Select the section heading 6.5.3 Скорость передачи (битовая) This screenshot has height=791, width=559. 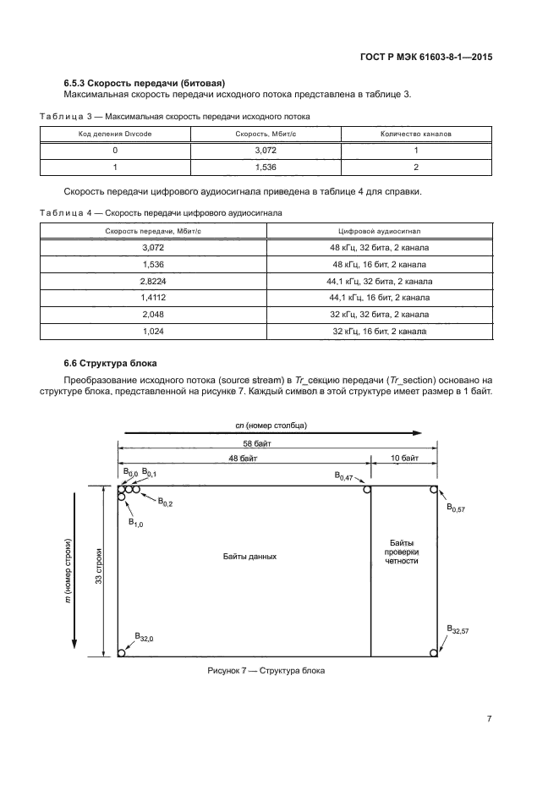click(144, 82)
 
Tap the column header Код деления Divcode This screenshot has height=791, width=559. click(114, 134)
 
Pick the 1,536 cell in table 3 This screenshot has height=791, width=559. click(266, 167)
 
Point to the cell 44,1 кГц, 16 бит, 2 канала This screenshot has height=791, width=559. click(379, 297)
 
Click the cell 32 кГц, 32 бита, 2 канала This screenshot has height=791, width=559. click(379, 314)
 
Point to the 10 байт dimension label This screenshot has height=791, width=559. click(403, 458)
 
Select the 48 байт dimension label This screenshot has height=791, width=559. click(244, 458)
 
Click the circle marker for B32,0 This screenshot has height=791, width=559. click(122, 652)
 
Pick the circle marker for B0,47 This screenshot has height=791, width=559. click(366, 489)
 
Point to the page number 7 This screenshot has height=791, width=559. click(489, 719)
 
